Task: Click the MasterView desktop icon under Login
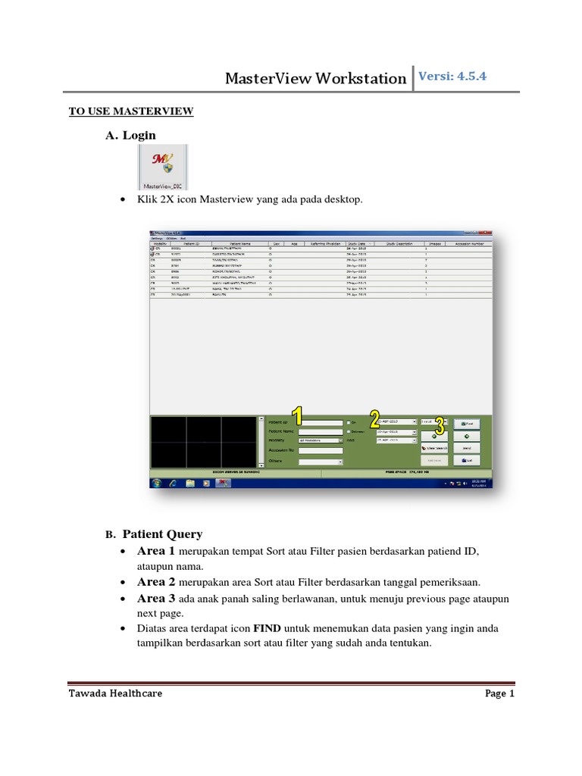coord(162,167)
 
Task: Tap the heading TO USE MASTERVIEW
coord(131,111)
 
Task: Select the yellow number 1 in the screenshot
coord(298,416)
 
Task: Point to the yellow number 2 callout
coord(374,418)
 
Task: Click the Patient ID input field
coord(321,422)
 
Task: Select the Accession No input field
coord(321,450)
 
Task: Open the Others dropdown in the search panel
coord(321,461)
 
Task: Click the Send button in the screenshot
coord(468,448)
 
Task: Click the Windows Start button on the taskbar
coord(157,482)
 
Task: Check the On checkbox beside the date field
coord(349,422)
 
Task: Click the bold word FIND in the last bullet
coord(268,629)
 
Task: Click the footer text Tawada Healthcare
coord(115,693)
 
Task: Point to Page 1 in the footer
coord(499,693)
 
